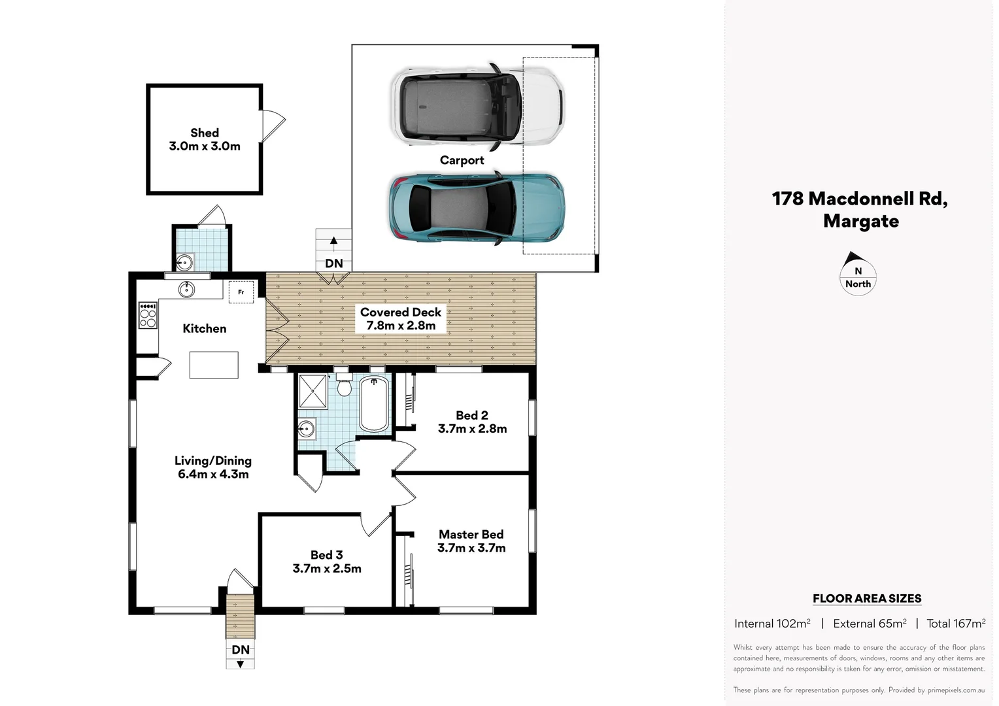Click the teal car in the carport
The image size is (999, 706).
(x=477, y=208)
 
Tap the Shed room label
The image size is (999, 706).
(x=205, y=133)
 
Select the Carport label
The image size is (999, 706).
(x=462, y=160)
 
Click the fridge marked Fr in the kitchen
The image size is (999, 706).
(x=241, y=292)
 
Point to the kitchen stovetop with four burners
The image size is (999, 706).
(x=148, y=315)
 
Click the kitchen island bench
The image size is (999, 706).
(x=214, y=364)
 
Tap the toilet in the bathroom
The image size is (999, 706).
(x=344, y=386)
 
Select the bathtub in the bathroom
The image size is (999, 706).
(x=374, y=402)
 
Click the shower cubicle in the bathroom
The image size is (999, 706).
(x=312, y=391)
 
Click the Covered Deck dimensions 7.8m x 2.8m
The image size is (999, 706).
(x=401, y=326)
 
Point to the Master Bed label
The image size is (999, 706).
(x=471, y=534)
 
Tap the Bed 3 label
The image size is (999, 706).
(x=326, y=555)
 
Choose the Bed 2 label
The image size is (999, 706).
(x=471, y=415)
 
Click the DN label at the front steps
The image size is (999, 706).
(x=241, y=649)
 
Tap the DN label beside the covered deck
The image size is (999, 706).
(x=333, y=263)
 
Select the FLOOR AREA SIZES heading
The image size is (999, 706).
(x=866, y=598)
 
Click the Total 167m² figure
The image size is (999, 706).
(x=955, y=624)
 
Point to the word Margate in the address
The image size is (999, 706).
(x=860, y=221)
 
